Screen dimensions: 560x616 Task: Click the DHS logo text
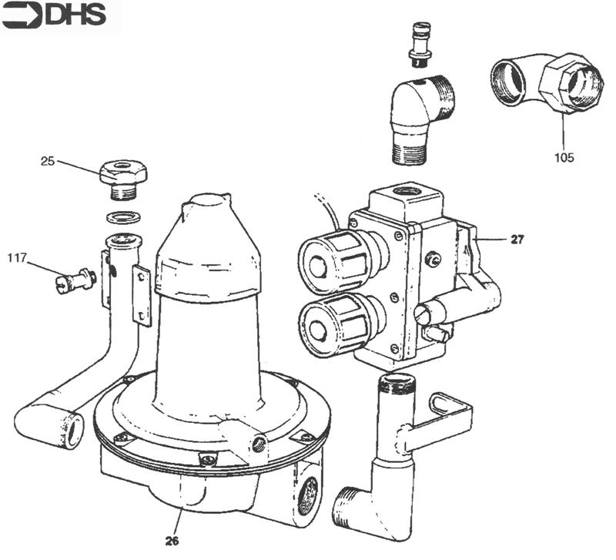point(75,15)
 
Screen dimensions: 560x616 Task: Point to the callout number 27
point(517,240)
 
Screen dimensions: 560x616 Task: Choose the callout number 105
point(564,158)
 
